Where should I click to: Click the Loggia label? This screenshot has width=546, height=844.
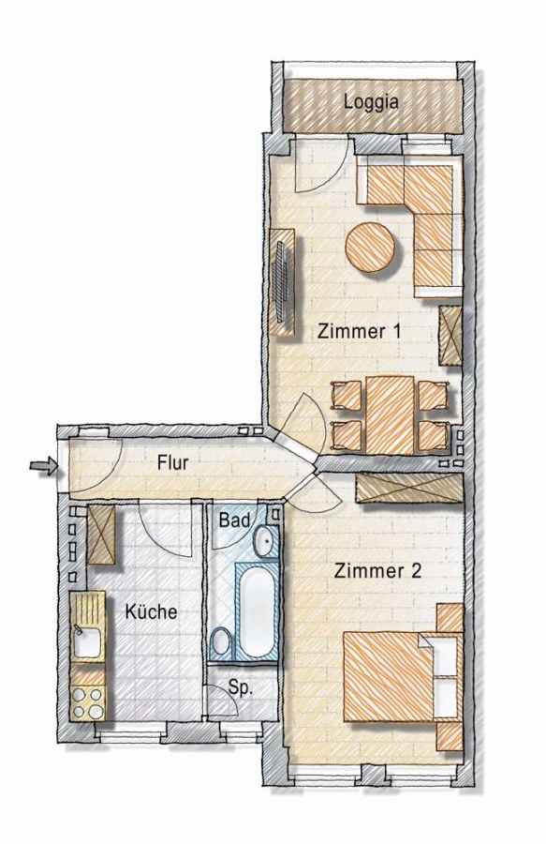click(372, 101)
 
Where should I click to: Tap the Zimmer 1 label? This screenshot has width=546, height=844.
click(359, 331)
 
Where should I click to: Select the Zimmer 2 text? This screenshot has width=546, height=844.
click(377, 570)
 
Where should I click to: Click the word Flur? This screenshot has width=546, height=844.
click(172, 462)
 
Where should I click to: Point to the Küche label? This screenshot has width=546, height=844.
click(151, 611)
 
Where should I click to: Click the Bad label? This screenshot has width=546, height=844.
click(235, 520)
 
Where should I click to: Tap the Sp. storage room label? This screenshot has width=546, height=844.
click(240, 687)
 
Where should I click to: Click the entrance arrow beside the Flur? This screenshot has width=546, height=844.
click(43, 465)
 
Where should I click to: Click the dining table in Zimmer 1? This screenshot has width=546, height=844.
click(391, 414)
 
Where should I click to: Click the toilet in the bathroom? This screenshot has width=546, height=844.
click(220, 642)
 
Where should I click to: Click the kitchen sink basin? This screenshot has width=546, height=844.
click(88, 642)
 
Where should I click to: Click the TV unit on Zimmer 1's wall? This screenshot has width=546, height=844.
click(283, 282)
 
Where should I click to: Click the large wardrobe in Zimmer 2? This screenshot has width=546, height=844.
click(409, 488)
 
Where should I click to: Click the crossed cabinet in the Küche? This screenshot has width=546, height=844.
click(101, 535)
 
